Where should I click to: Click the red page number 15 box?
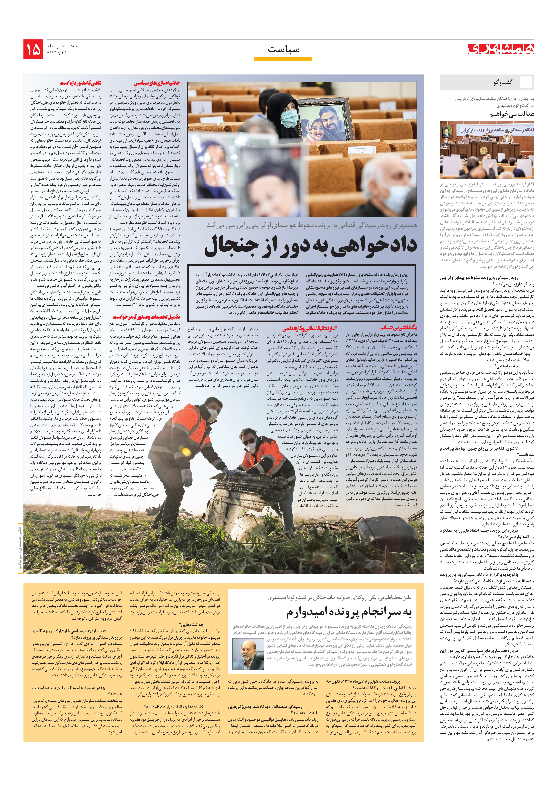click(x=33, y=49)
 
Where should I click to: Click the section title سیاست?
click(x=283, y=49)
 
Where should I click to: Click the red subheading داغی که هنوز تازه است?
click(x=81, y=83)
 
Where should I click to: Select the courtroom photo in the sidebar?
click(x=487, y=150)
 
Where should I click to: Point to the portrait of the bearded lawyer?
click(x=248, y=654)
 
